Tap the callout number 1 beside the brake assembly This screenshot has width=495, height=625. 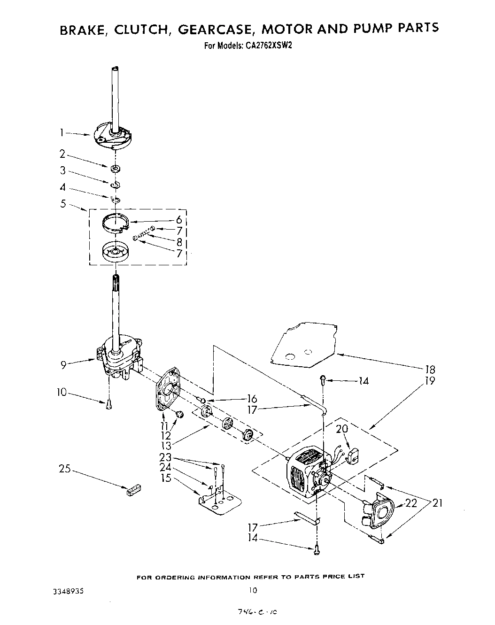pyautogui.click(x=62, y=133)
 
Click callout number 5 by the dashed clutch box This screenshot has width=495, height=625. pyautogui.click(x=63, y=204)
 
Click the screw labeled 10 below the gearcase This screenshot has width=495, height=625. pyautogui.click(x=109, y=404)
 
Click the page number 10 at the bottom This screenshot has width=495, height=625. pyautogui.click(x=253, y=590)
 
